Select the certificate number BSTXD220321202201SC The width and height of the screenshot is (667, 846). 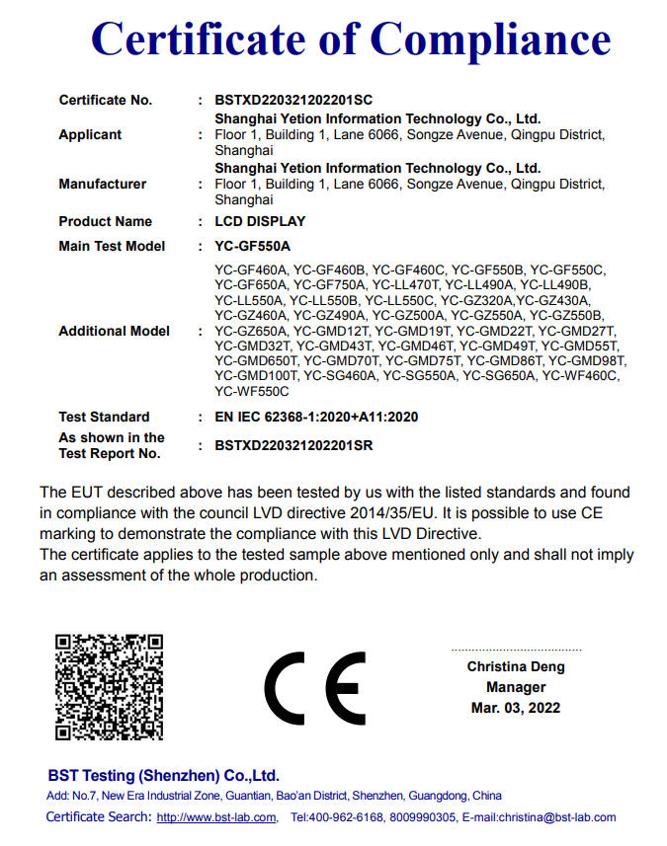pos(293,100)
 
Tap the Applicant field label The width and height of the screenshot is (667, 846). pos(90,134)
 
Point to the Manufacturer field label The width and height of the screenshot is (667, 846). pos(102,184)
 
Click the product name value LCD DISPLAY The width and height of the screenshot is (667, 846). pos(260,221)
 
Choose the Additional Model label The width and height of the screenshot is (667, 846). pos(114,331)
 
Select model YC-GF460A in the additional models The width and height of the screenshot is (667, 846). pos(251,269)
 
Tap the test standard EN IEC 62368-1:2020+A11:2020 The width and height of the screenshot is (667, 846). pos(316,417)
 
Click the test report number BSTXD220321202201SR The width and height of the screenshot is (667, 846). pos(293,445)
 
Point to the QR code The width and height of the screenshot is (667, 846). pos(109,687)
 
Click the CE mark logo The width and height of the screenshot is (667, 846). pos(316,688)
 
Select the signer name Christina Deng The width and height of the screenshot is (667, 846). pos(516,666)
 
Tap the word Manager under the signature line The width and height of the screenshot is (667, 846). pos(516,687)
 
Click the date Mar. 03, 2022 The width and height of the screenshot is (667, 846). pos(516,708)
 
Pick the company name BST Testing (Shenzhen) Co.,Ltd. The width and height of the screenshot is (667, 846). pos(164,775)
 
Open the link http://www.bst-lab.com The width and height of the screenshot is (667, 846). pos(216,817)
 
